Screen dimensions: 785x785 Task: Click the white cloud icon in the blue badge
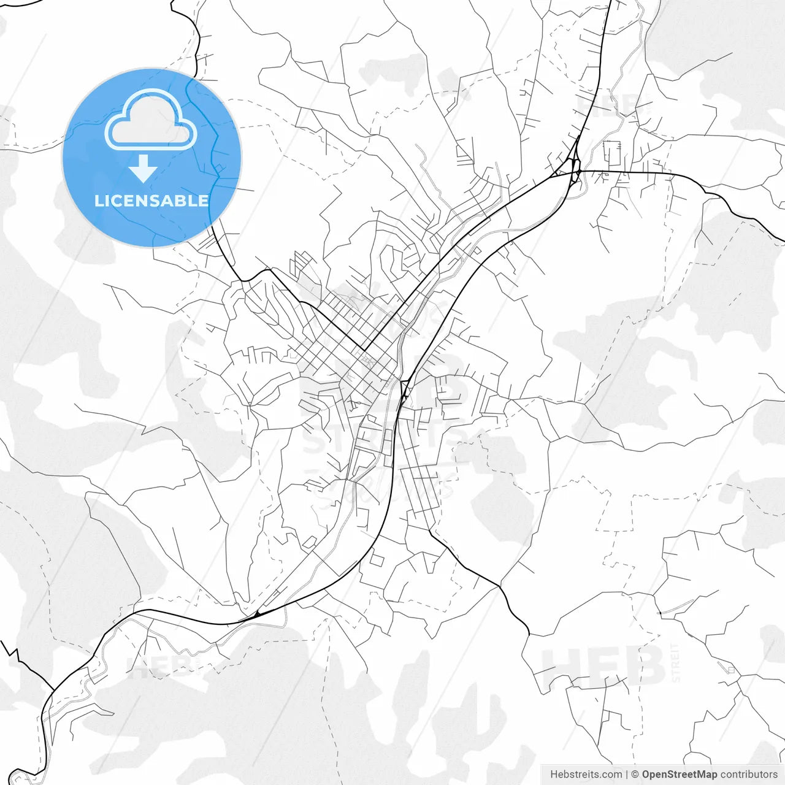[x=151, y=120]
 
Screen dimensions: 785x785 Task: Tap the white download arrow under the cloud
[x=143, y=169]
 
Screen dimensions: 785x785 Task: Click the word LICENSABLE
[x=151, y=201]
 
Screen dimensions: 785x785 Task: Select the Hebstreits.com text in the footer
[x=586, y=775]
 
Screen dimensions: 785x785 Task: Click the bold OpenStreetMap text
[x=680, y=775]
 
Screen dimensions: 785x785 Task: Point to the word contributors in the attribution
[x=749, y=775]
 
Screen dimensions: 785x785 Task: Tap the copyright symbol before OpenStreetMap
[x=635, y=775]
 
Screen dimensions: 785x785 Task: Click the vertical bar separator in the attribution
[x=626, y=775]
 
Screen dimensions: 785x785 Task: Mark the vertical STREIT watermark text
[x=676, y=662]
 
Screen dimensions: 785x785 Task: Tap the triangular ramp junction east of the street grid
[x=404, y=389]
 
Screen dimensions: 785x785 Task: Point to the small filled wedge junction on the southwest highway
[x=258, y=613]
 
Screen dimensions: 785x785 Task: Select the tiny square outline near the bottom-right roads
[x=730, y=670]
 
